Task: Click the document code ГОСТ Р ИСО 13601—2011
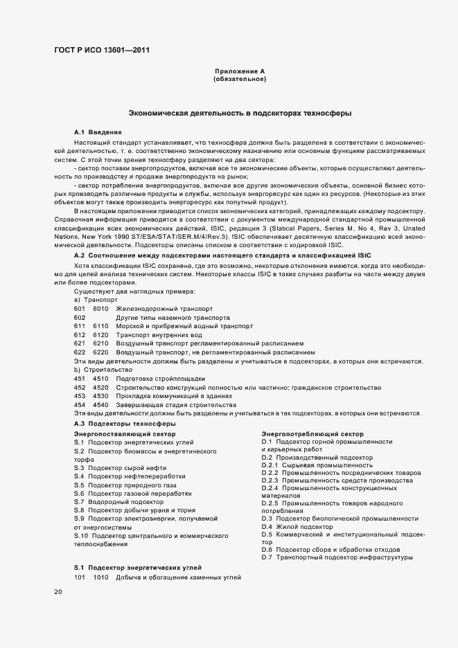(x=102, y=51)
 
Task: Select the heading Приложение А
(x=240, y=71)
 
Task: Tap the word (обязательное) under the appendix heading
(x=240, y=80)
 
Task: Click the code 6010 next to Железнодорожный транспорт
(x=100, y=308)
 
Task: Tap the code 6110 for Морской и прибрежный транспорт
(x=100, y=325)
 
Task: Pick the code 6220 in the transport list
(x=100, y=352)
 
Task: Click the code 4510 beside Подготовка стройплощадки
(x=100, y=379)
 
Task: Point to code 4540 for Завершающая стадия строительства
(x=100, y=405)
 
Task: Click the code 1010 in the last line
(x=100, y=577)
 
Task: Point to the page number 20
(x=58, y=592)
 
